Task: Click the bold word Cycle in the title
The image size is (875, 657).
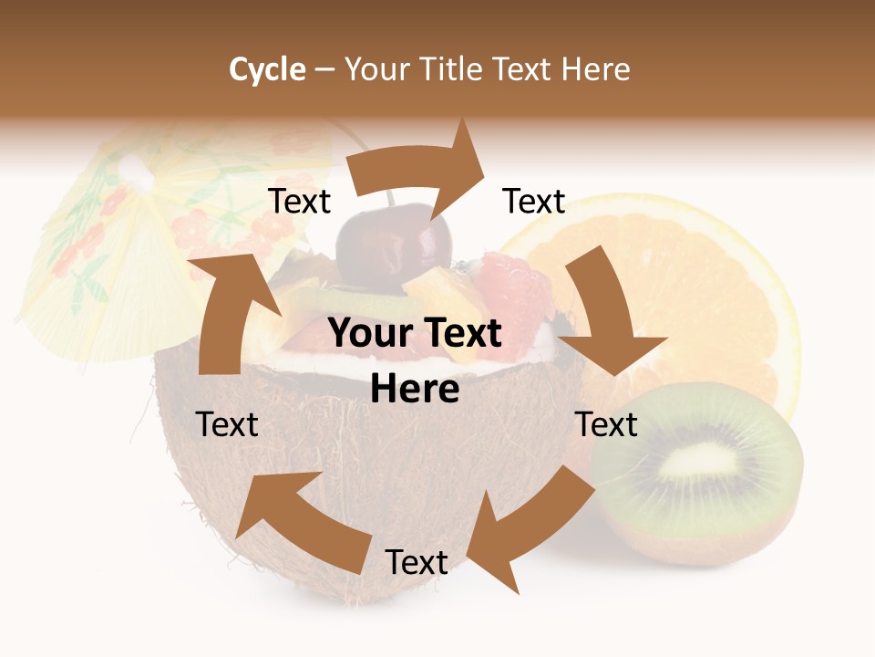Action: click(267, 69)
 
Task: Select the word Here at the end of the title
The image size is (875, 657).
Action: click(595, 69)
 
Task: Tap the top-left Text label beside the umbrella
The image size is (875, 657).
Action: click(299, 201)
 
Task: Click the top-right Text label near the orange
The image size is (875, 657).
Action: click(534, 201)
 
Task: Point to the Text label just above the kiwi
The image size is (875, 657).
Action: click(606, 424)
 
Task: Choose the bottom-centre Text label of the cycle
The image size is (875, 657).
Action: click(416, 562)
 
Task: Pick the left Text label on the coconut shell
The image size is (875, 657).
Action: click(227, 424)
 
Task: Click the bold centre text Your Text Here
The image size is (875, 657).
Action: click(415, 360)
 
